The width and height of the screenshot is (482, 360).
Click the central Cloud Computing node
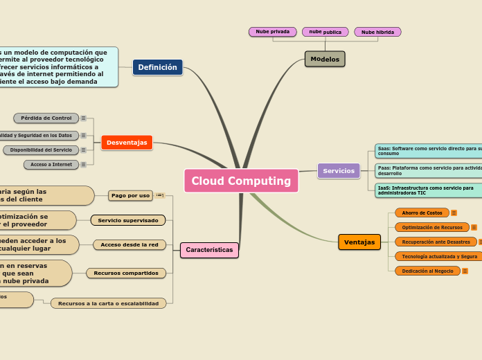tap(241, 181)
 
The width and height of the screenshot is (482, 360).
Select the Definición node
tap(157, 67)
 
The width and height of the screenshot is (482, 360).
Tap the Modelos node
tap(325, 60)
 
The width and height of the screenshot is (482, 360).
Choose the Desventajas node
tap(127, 143)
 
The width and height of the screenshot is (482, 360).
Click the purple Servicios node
tap(339, 171)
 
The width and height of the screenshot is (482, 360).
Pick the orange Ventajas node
tap(359, 242)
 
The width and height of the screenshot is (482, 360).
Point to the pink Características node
tap(209, 250)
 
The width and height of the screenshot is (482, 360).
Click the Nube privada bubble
tap(272, 32)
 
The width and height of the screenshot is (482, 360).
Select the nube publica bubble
tap(325, 32)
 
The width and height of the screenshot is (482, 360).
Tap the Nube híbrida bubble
tap(377, 32)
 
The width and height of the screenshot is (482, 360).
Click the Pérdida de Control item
tap(46, 118)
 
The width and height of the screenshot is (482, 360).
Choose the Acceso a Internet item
tap(51, 165)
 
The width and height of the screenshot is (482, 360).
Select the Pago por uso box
tap(130, 196)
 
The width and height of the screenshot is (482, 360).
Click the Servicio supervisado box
tap(128, 220)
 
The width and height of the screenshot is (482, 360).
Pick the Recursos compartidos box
tap(126, 273)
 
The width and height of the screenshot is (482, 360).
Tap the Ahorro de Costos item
tap(422, 213)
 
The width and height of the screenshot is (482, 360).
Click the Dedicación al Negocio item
tap(427, 271)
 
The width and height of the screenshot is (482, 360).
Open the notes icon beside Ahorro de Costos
tap(454, 213)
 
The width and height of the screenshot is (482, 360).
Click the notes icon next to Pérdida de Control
tap(84, 118)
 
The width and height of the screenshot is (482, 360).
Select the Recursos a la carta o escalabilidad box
tap(108, 303)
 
